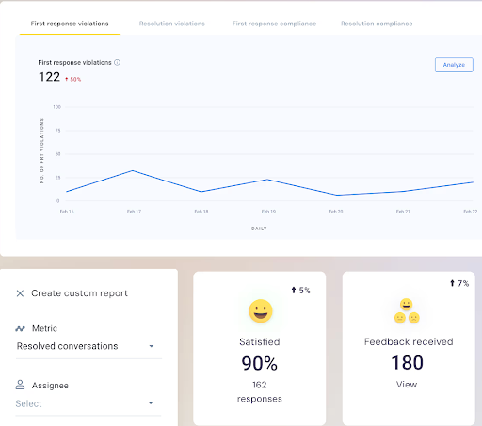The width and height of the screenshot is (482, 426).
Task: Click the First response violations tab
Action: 69,23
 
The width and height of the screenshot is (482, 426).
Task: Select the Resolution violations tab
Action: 171,23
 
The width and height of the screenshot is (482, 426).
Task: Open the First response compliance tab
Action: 274,23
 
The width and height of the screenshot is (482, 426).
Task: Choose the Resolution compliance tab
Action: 377,23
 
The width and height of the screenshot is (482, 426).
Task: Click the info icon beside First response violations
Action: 117,62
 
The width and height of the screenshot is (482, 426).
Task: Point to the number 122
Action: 49,78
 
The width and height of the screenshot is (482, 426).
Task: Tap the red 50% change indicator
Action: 72,79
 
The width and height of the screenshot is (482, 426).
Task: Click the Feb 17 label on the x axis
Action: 133,212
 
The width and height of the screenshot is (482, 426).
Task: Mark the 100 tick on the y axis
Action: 56,107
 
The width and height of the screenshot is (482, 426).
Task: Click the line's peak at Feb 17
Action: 133,170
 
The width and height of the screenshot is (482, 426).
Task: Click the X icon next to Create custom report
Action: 21,293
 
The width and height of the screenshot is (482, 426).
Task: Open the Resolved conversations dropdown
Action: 86,346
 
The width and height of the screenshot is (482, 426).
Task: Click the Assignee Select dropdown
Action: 86,403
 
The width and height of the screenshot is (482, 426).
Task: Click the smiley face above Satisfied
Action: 260,310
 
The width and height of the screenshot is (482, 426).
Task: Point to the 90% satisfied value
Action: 259,363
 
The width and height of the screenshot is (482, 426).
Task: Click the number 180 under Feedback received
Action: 406,363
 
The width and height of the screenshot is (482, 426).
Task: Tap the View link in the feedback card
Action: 406,384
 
